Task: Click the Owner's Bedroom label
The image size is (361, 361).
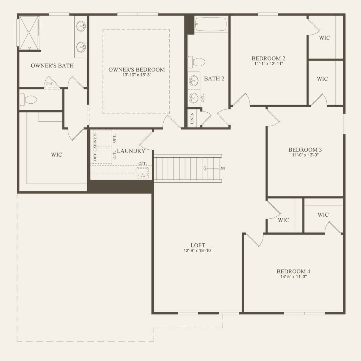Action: (137, 70)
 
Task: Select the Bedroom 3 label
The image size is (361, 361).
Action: (305, 150)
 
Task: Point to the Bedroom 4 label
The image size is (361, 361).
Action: (293, 271)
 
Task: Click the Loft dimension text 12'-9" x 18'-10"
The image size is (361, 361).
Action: (198, 250)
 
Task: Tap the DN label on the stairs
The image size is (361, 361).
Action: (222, 168)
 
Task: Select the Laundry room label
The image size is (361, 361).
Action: (131, 151)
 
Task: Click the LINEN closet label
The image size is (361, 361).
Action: (192, 118)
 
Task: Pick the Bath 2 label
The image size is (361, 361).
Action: (214, 78)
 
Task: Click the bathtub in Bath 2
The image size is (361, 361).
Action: (211, 24)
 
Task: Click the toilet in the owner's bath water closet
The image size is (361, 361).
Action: (28, 100)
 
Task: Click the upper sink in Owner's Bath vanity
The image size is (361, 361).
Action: (81, 26)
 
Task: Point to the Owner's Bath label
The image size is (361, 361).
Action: (52, 66)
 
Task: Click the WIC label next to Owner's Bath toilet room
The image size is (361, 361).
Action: (56, 155)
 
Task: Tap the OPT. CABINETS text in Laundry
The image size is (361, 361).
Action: (95, 147)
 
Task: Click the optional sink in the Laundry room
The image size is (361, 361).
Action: (143, 173)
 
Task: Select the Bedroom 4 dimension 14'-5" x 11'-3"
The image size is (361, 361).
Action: (293, 277)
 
